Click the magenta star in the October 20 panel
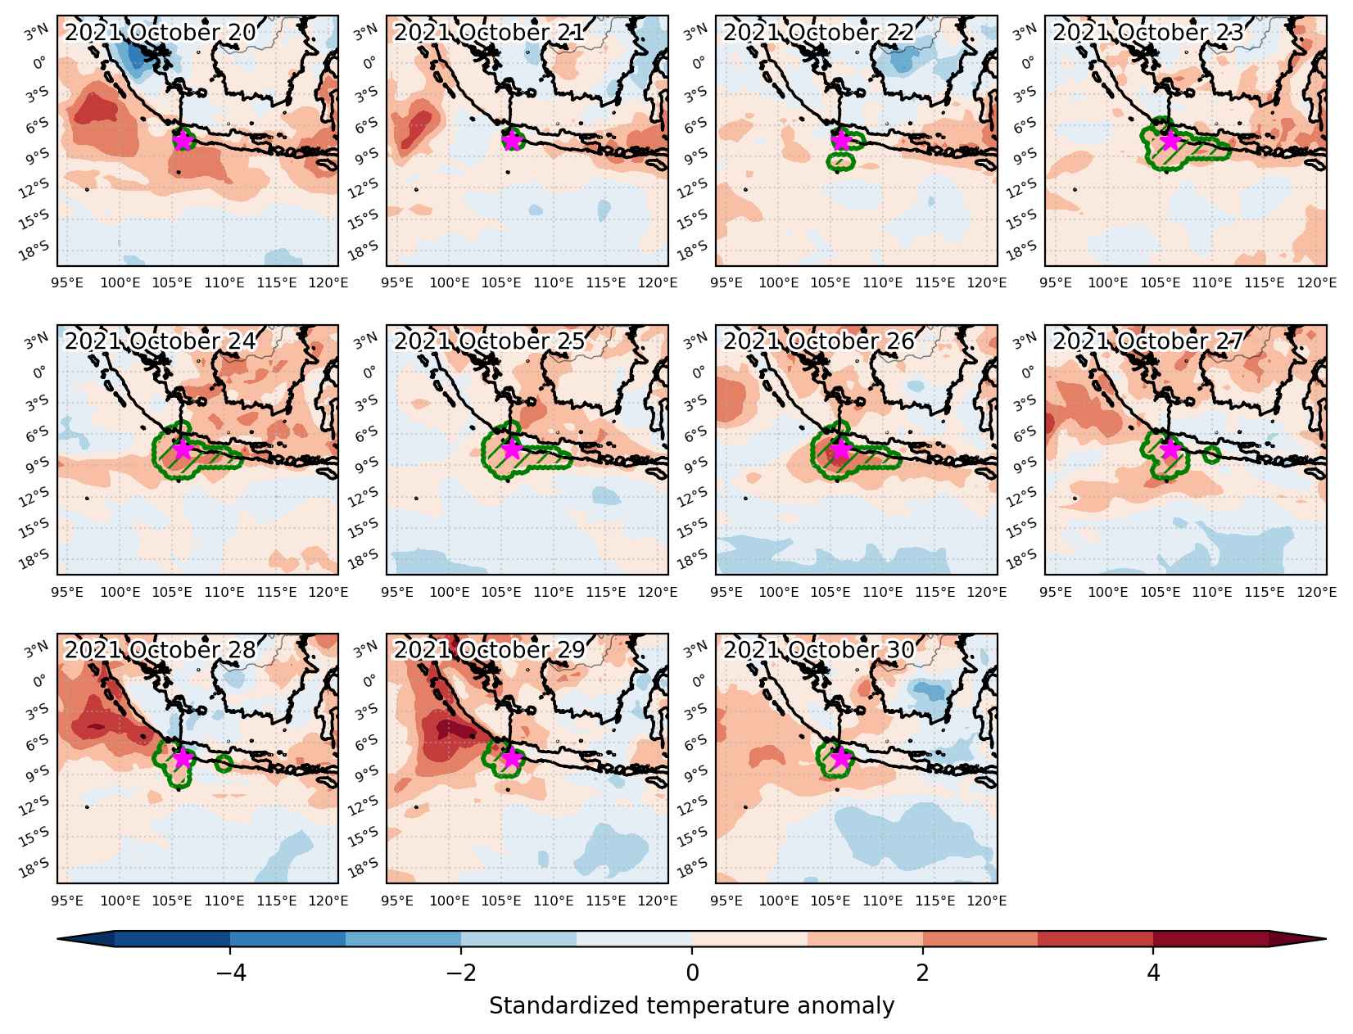point(183,141)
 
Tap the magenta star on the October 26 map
point(841,449)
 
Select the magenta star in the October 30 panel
point(841,758)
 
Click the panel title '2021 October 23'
point(1147,33)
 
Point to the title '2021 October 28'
point(161,650)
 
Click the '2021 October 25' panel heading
point(490,341)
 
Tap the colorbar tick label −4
point(230,973)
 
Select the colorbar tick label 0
point(692,973)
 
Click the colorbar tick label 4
point(1153,973)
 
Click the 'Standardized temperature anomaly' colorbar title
point(691,1005)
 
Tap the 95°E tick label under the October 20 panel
point(67,282)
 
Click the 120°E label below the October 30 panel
point(987,901)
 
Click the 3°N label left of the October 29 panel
point(366,649)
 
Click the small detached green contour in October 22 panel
point(841,161)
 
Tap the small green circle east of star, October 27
point(1211,455)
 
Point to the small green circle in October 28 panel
point(224,764)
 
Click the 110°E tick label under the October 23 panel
point(1212,282)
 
